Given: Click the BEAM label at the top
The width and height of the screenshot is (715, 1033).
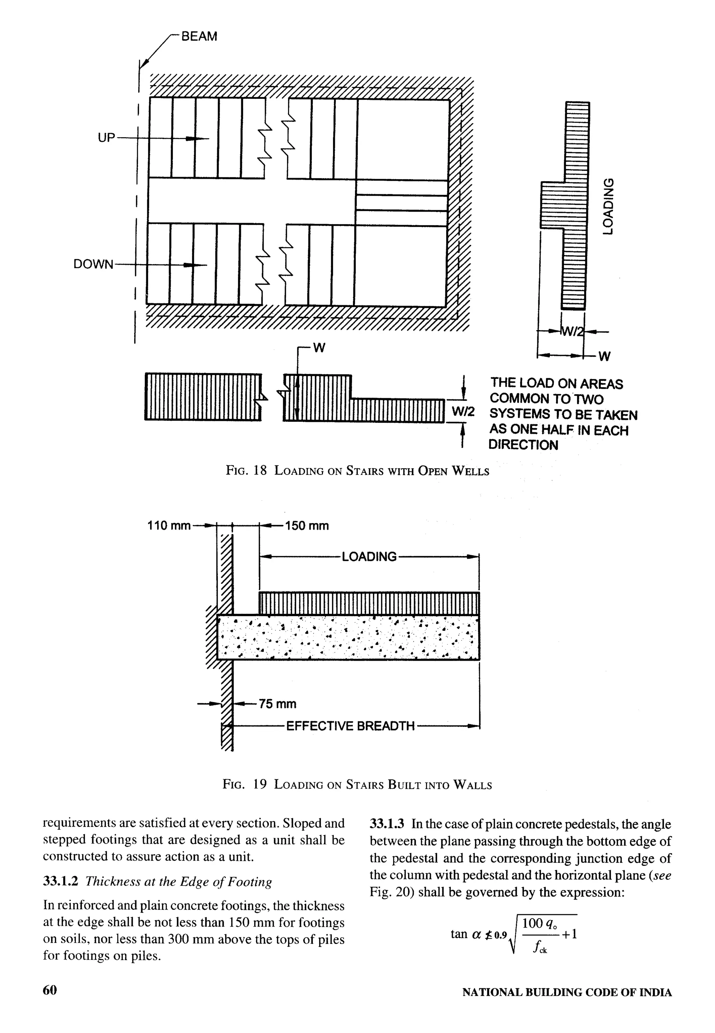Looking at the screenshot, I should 199,36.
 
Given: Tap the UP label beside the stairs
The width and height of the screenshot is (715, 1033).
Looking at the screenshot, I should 106,138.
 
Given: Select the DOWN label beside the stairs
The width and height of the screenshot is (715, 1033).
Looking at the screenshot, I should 94,264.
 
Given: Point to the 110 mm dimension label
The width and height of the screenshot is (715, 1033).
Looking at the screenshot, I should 169,525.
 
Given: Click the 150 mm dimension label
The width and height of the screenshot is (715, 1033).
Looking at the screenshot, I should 307,525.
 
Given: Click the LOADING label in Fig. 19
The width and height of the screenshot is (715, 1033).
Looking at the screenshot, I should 369,557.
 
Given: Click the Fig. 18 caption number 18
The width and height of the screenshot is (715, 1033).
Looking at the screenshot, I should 260,471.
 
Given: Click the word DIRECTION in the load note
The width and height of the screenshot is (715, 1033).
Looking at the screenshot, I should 523,446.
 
